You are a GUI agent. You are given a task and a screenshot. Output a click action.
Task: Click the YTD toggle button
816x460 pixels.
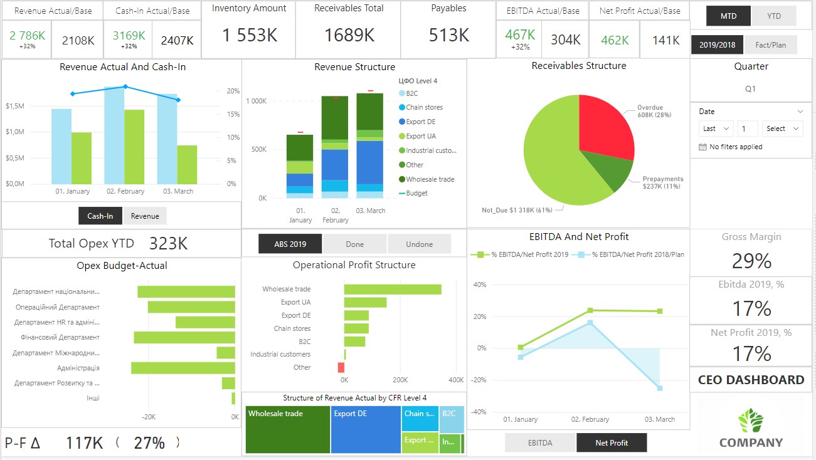point(774,16)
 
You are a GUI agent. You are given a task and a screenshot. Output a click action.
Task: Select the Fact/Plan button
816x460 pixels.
point(771,44)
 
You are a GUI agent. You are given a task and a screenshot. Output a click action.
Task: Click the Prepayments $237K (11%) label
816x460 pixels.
point(662,182)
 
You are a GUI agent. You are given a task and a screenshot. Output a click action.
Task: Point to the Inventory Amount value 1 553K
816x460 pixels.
point(249,36)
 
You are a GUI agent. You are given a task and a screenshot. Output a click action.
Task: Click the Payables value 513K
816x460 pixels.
point(448,36)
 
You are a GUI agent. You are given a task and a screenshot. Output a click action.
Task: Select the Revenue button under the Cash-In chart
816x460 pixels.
point(145,216)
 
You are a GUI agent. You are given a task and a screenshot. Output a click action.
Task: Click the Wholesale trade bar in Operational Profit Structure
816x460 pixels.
point(392,289)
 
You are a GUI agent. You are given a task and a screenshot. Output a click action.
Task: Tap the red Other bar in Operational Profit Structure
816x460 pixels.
point(341,367)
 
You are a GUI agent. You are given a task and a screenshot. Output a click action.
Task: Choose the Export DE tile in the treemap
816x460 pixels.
point(366,429)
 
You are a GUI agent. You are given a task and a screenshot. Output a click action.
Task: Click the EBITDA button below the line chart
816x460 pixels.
point(540,442)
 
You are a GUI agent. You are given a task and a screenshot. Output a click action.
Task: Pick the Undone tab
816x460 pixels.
point(419,244)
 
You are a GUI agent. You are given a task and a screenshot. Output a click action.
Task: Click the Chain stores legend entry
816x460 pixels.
point(423,107)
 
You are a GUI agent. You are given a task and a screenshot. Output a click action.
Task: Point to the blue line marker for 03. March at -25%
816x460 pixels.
point(660,389)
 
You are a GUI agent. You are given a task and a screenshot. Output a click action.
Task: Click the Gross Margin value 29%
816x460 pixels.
point(751,261)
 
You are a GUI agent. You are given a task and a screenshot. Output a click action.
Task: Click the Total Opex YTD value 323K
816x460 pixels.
point(168,244)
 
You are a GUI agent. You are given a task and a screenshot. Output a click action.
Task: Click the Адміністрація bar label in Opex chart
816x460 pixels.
point(78,368)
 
